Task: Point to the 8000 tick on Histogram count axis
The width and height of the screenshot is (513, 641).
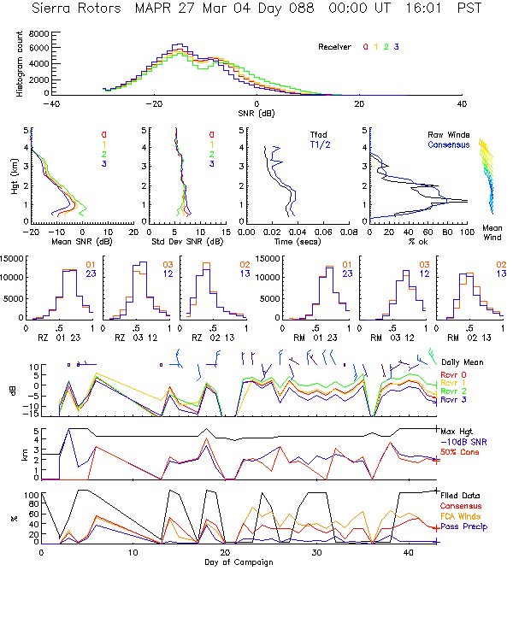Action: pos(38,33)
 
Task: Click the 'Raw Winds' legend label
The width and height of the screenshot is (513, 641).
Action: pos(447,134)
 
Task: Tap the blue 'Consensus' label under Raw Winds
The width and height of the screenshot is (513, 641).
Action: pos(448,145)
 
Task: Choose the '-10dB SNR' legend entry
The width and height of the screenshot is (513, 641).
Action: pos(463,442)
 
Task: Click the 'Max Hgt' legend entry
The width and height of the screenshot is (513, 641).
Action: pos(457,432)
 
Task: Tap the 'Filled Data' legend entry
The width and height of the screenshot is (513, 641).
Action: pos(462,496)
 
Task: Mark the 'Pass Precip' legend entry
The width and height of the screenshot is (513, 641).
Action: pos(463,527)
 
